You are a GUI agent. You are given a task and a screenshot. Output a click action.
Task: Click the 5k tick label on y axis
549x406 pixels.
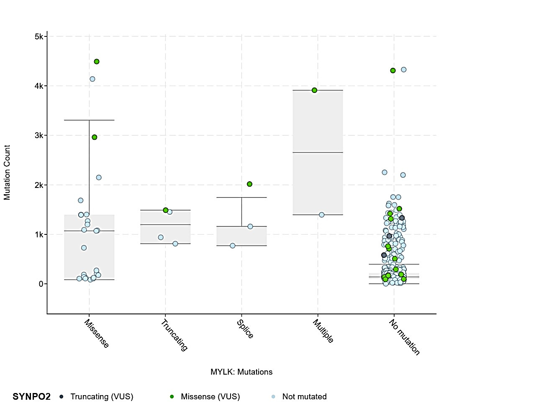pos(39,37)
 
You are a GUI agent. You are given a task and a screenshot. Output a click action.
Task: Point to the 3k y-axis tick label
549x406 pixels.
pos(39,136)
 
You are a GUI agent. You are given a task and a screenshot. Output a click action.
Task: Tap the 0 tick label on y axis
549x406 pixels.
pos(41,284)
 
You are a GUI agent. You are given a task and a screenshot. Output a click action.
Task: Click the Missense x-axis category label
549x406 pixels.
pos(97,334)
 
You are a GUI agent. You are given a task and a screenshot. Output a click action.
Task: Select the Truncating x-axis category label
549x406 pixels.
pos(174,335)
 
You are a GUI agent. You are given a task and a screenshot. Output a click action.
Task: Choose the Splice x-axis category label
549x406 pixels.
pos(245,329)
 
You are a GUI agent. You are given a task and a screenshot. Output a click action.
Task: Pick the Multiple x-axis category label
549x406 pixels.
pos(323,331)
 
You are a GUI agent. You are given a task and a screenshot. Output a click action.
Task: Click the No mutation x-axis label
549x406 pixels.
pos(404,337)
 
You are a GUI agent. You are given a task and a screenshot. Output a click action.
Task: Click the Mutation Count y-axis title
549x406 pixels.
pos(7,172)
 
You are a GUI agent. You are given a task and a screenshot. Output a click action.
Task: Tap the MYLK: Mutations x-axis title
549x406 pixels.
pos(241,372)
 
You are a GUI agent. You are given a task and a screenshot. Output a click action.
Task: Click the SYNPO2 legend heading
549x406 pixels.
pos(32,397)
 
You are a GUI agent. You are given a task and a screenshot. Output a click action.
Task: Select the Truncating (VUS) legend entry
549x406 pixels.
pos(102,397)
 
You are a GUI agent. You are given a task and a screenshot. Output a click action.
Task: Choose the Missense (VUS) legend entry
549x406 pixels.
pos(210,397)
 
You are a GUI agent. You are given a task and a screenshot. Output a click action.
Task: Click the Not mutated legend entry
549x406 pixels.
pos(304,397)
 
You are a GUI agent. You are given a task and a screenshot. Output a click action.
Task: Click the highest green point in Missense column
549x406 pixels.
pos(97,62)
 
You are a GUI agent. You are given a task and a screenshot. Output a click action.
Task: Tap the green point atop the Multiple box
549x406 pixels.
pos(315,90)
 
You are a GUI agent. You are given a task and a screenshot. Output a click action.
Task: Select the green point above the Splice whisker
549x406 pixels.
pos(250,184)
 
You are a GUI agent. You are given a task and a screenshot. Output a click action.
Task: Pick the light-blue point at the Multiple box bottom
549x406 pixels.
pos(322,215)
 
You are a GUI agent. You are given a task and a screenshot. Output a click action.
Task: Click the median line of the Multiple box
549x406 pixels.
pos(318,153)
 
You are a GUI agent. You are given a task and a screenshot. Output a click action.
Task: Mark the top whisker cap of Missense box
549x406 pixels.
pos(89,120)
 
